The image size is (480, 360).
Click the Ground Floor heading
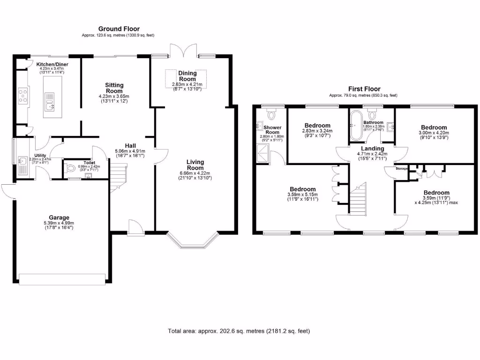119,29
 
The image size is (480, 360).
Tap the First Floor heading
364,89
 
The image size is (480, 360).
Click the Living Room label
195,165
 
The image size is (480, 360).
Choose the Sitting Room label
114,88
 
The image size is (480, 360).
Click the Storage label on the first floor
402,168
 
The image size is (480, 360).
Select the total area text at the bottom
239,331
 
